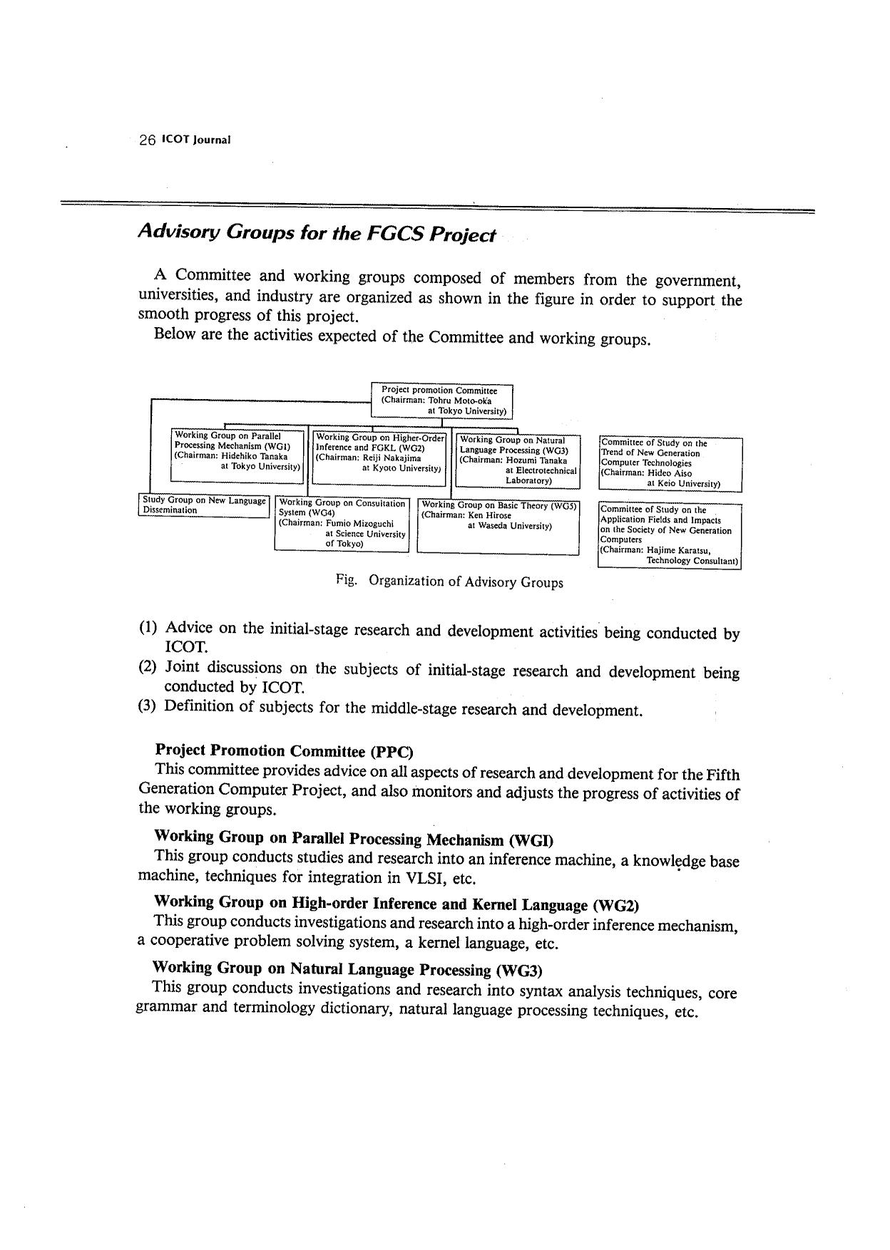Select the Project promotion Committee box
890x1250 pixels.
pyautogui.click(x=442, y=401)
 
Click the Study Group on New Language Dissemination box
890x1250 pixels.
pyautogui.click(x=203, y=505)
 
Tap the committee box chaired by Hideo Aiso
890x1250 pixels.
pyautogui.click(x=670, y=463)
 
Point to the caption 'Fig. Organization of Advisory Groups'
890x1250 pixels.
pyautogui.click(x=449, y=582)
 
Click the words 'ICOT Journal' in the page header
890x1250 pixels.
pyautogui.click(x=196, y=140)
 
